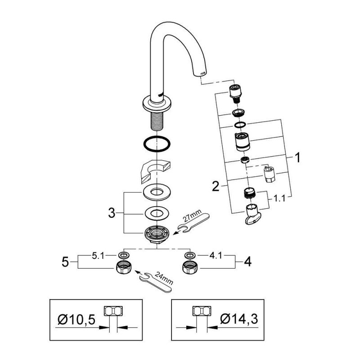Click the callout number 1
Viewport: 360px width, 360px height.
tap(297, 158)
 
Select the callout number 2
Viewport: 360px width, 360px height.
tap(216, 186)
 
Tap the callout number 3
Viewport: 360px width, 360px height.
tap(112, 213)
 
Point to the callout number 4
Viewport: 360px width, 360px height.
tap(247, 261)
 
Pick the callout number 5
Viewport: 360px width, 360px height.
tap(65, 261)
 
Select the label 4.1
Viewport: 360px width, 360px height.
tap(216, 256)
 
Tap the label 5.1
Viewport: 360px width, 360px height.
tap(98, 256)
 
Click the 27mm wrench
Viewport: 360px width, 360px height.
tap(194, 222)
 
